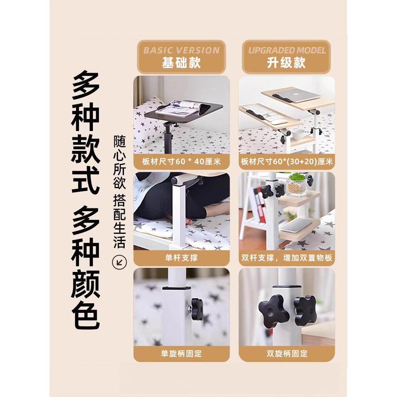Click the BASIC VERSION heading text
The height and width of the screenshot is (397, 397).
(181, 50)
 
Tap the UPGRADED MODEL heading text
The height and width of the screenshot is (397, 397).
(287, 50)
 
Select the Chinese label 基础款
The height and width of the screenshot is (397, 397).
(181, 63)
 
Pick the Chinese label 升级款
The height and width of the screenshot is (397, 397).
(287, 63)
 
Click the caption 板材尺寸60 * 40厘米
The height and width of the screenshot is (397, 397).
(181, 162)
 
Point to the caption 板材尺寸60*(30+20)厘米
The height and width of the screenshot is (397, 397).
(287, 162)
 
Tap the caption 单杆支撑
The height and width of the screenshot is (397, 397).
(181, 258)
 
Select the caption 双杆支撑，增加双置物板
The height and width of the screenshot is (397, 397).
(287, 258)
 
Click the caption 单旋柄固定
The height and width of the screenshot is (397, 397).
(181, 353)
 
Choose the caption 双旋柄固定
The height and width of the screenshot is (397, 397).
(287, 353)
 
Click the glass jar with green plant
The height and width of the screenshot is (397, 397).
(297, 185)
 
